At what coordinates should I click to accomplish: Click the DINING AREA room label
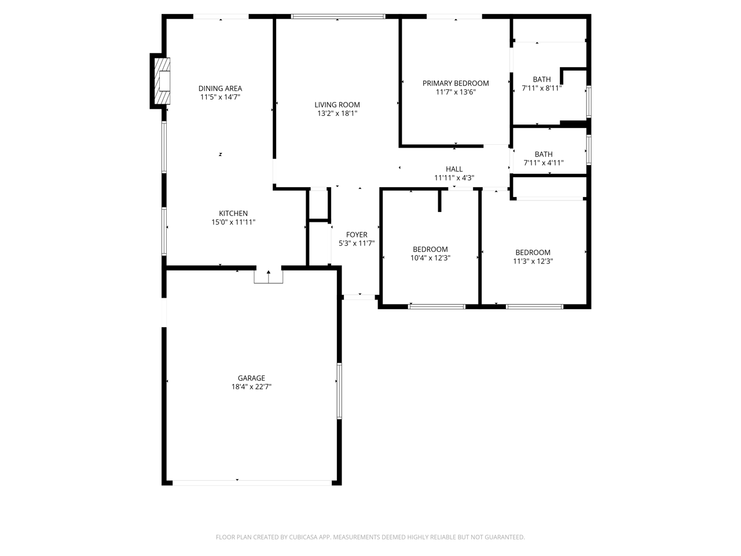tap(220, 89)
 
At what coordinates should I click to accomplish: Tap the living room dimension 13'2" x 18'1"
tap(338, 114)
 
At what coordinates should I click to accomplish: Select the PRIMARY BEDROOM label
tap(456, 83)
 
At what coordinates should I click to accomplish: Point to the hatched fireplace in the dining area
tap(162, 81)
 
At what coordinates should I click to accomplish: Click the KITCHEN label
tap(233, 213)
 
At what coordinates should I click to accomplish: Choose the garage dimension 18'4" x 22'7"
tap(251, 387)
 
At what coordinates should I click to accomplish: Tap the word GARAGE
tap(251, 378)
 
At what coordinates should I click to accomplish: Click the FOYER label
tap(357, 235)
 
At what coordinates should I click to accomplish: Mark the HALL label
tap(454, 169)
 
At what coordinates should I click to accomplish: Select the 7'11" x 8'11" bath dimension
tap(542, 89)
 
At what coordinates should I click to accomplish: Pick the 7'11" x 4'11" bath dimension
tap(544, 163)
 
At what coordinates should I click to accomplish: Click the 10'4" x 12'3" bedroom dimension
tap(431, 258)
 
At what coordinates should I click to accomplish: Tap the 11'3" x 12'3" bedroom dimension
tap(533, 261)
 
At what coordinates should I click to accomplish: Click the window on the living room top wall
tap(338, 16)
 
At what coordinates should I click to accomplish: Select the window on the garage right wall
tap(339, 391)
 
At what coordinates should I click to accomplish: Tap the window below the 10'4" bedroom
tap(436, 306)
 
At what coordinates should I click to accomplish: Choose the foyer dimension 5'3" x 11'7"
tap(357, 243)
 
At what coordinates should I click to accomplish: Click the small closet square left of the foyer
tap(318, 205)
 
